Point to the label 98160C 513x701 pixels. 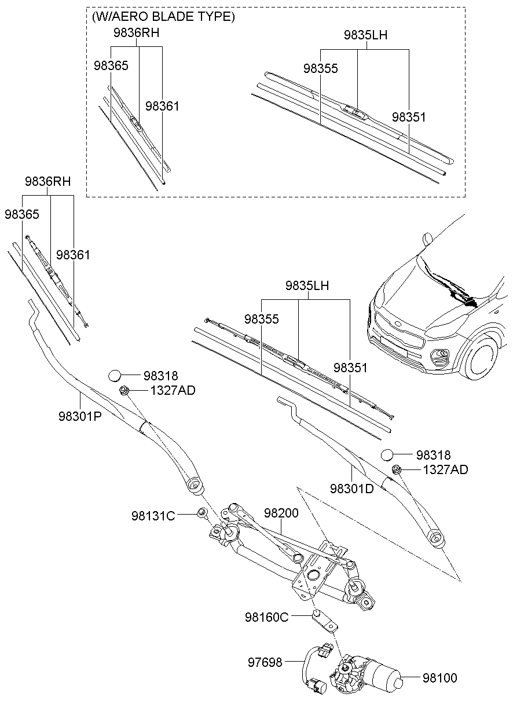pos(266,617)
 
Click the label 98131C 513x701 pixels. pos(153,516)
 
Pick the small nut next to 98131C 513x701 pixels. pos(202,512)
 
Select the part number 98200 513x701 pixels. pos(281,513)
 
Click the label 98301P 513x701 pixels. pos(80,416)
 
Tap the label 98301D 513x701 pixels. pos(352,488)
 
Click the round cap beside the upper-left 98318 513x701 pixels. pos(116,376)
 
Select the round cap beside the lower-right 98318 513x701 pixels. pos(388,455)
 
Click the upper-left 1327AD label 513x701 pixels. pos(173,390)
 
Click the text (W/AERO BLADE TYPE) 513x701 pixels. pos(163,17)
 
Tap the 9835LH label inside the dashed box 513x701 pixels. pos(365,35)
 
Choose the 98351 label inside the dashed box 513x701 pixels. pos(409,117)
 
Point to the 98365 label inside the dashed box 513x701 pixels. pos(111,65)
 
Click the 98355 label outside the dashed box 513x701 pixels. pos(261,319)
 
